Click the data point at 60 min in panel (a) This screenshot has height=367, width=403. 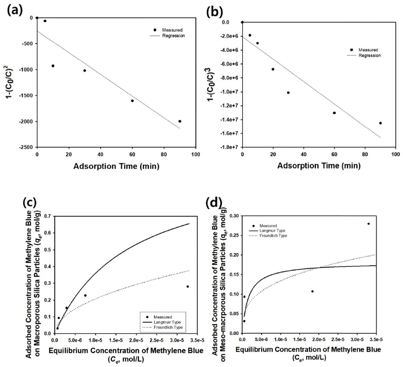tap(132, 101)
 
